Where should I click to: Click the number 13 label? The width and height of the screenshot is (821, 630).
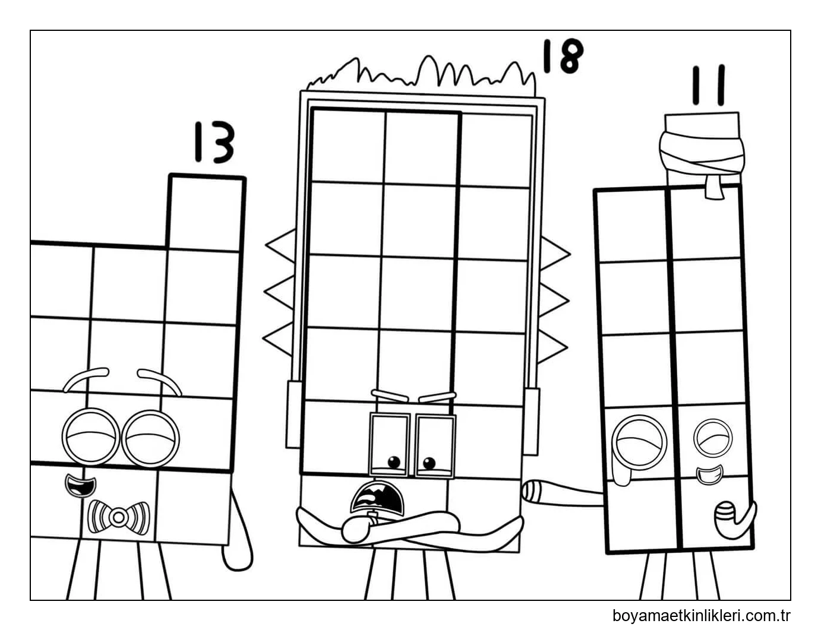tap(213, 143)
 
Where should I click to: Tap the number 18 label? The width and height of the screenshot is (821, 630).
tap(562, 56)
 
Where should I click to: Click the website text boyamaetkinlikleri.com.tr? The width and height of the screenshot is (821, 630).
tap(701, 615)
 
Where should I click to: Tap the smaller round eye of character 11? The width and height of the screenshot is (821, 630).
tap(713, 438)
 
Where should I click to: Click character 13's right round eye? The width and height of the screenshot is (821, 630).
tap(150, 438)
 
